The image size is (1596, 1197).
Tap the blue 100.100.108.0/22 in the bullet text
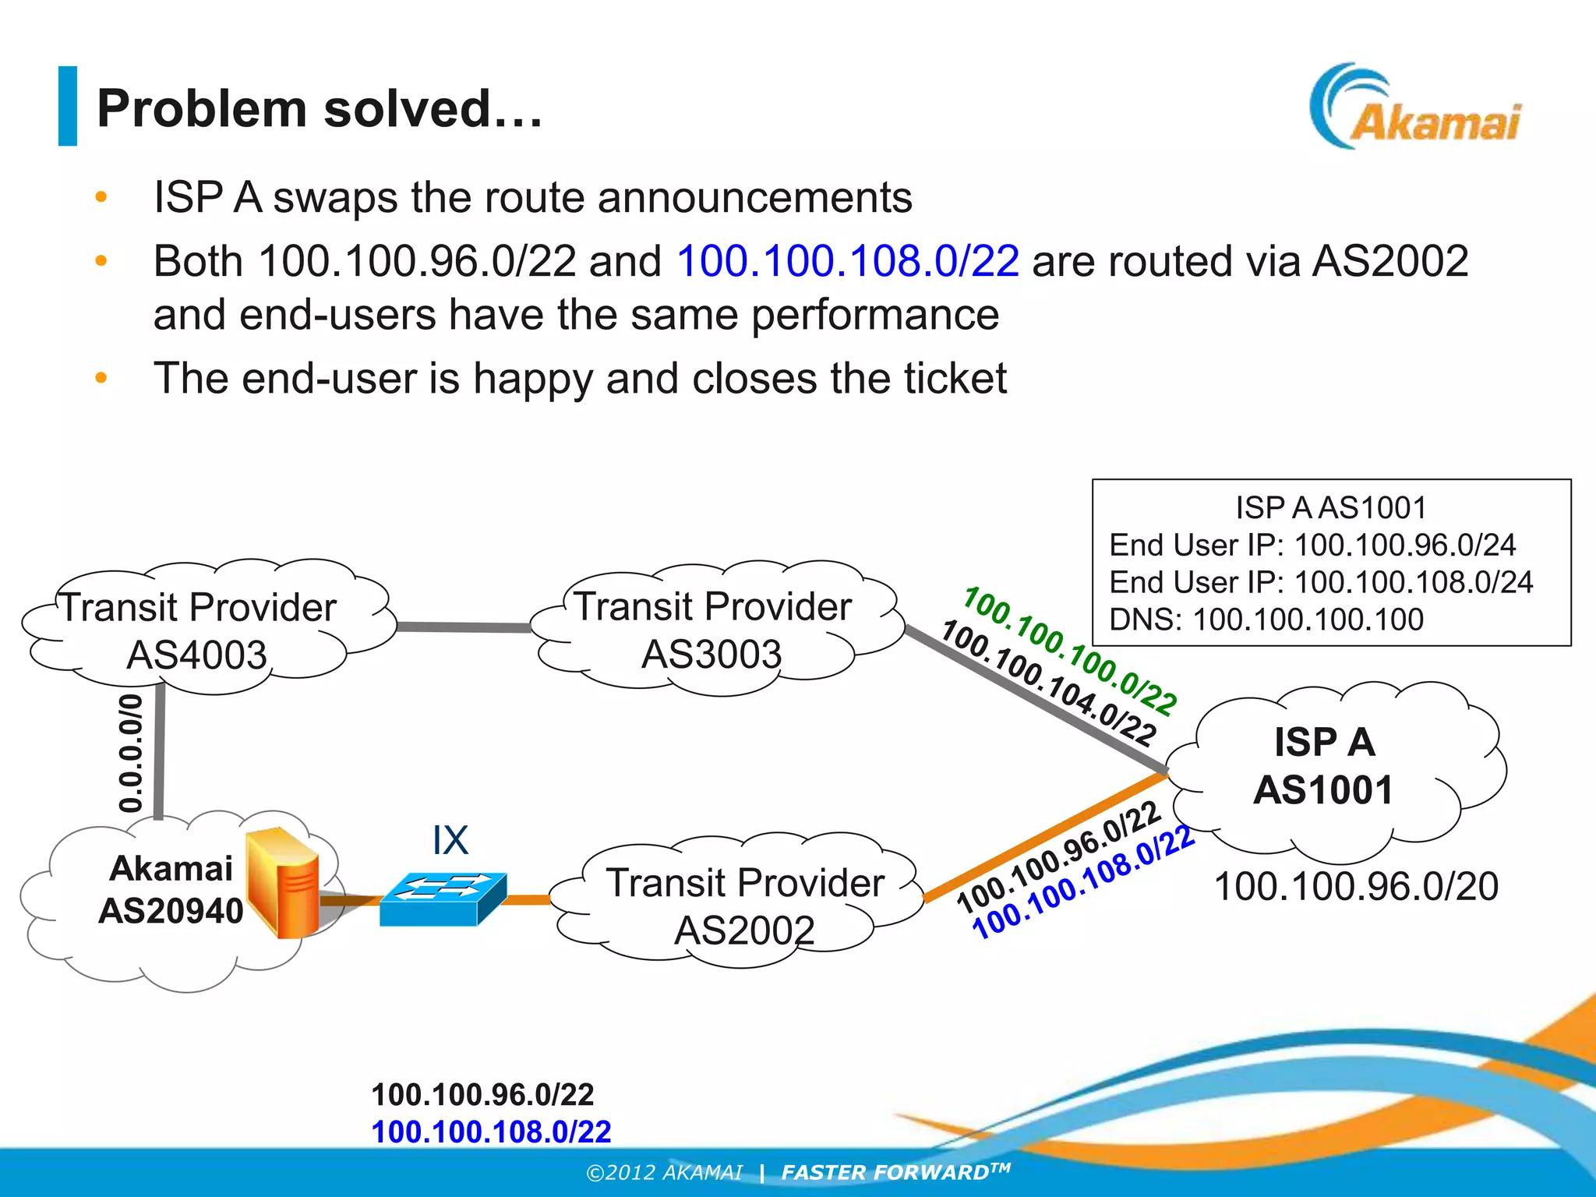[x=847, y=260]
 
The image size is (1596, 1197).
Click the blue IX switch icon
[x=443, y=899]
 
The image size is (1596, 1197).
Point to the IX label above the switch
[x=450, y=841]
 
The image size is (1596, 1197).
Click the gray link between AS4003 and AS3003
[x=464, y=627]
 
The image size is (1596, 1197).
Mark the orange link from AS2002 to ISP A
[x=1044, y=835]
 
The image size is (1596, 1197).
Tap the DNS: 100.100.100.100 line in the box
[x=1266, y=620]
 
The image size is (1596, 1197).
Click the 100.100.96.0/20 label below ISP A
[x=1356, y=887]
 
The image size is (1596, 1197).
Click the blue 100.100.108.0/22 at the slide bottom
[x=491, y=1132]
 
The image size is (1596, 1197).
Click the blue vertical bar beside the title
[x=68, y=106]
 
